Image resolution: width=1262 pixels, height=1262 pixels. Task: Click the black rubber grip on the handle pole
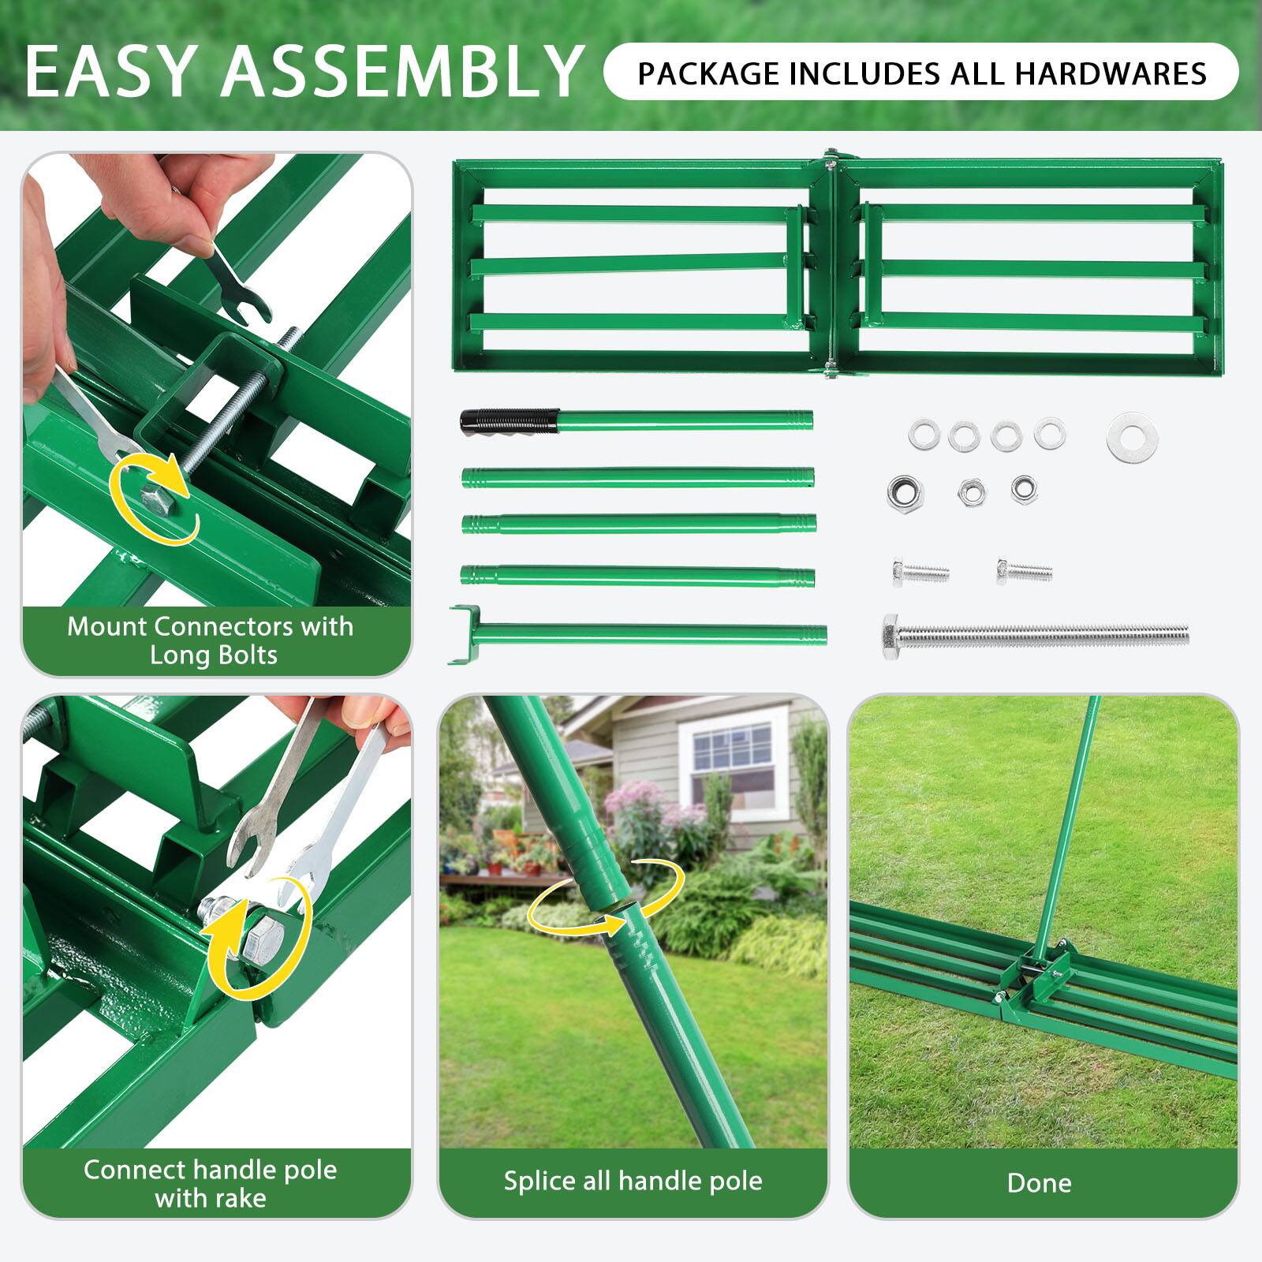pyautogui.click(x=510, y=420)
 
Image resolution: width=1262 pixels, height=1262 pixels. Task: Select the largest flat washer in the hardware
pyautogui.click(x=1126, y=436)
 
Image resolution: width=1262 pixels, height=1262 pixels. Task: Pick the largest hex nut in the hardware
pyautogui.click(x=905, y=492)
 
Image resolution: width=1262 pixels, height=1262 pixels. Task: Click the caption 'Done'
pyautogui.click(x=1039, y=1182)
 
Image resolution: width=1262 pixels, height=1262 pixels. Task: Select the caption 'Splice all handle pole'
pyautogui.click(x=633, y=1180)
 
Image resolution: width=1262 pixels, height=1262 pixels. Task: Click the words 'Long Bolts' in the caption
pyautogui.click(x=213, y=655)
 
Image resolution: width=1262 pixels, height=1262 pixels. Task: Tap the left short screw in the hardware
pyautogui.click(x=920, y=572)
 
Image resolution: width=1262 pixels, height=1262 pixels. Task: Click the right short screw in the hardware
pyautogui.click(x=1023, y=569)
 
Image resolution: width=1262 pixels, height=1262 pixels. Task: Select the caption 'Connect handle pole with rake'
pyautogui.click(x=211, y=1183)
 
